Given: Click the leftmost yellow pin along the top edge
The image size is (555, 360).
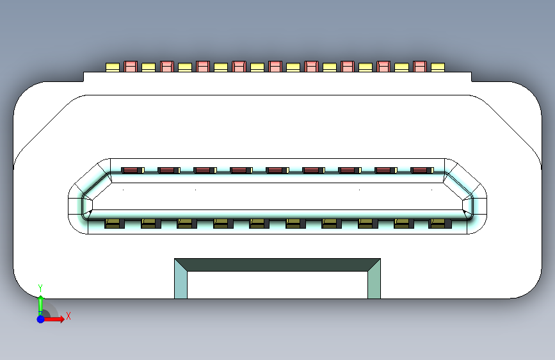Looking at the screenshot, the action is point(113,67).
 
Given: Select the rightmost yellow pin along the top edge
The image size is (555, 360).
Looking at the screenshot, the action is point(437,67).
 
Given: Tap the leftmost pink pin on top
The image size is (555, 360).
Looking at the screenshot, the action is point(131,66).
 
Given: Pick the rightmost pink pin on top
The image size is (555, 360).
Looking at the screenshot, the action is point(420,66).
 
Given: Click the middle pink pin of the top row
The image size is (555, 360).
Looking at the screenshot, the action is point(275,66).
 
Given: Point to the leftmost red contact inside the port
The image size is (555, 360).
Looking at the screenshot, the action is point(131,170).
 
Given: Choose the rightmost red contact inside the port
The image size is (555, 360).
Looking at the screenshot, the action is point(420,170).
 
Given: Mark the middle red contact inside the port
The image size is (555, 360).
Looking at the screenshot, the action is point(275,170).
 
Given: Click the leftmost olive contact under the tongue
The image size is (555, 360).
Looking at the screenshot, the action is point(113,224).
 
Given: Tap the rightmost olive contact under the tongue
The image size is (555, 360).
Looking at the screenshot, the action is point(438,224).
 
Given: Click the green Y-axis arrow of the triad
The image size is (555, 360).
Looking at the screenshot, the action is point(40,305).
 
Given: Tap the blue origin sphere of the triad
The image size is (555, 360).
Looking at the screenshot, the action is point(40,318).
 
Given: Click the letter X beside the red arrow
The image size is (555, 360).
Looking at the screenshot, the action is point(68,316).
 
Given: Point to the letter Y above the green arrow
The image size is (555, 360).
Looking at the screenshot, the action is point(40,288).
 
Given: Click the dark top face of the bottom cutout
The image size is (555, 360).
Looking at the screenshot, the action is point(277,265).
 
